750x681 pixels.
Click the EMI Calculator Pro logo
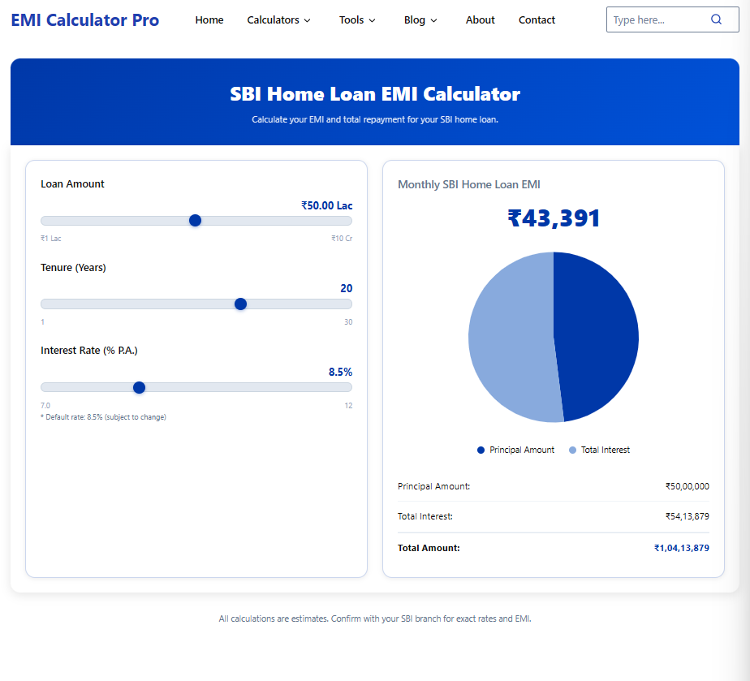(x=85, y=20)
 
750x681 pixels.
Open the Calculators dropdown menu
(x=278, y=20)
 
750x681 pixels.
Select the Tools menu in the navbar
(x=357, y=20)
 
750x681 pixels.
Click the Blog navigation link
(x=420, y=20)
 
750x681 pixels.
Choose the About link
(x=481, y=20)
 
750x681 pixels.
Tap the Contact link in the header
(x=537, y=20)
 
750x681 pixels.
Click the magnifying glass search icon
(x=716, y=19)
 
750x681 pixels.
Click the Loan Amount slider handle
(x=195, y=221)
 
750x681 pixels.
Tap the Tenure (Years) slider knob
(x=240, y=304)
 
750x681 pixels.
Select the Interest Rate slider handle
(x=139, y=388)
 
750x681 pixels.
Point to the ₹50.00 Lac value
(x=327, y=206)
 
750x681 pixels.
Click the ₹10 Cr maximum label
(x=342, y=239)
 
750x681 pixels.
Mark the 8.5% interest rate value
(x=340, y=372)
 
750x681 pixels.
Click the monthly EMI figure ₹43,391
(x=554, y=218)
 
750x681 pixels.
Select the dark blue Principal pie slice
(x=597, y=333)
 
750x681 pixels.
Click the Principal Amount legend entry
(x=516, y=450)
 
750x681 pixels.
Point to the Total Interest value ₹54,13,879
(x=687, y=516)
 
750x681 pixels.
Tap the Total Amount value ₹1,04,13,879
(x=682, y=548)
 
